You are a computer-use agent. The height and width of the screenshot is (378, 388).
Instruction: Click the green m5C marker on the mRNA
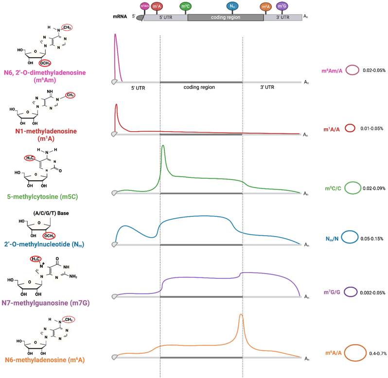tap(185, 7)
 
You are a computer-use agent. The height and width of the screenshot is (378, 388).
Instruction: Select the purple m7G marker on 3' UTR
tap(281, 7)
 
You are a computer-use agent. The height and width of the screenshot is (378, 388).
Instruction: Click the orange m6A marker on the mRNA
tap(265, 7)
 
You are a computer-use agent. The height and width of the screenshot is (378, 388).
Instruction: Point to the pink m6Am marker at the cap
tap(144, 6)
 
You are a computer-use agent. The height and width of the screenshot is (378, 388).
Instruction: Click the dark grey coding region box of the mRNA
tap(225, 17)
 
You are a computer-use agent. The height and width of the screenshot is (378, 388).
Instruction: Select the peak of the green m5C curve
tap(163, 146)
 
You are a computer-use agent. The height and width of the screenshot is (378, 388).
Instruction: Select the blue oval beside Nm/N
tap(349, 237)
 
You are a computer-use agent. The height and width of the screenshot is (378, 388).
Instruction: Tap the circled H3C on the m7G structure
tap(35, 259)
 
